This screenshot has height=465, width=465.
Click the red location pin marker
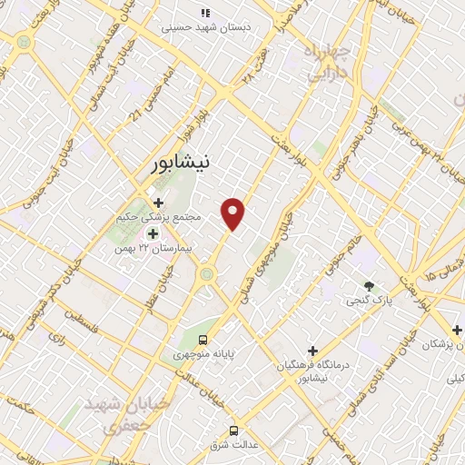point(233,212)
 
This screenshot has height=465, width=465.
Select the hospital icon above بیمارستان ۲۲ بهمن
point(153,233)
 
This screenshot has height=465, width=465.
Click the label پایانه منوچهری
point(203,354)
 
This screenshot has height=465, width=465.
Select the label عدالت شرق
point(233,445)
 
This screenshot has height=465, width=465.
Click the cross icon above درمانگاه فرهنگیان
point(312,350)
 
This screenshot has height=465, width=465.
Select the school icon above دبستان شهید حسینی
point(205,13)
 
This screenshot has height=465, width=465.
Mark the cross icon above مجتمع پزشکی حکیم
point(158,203)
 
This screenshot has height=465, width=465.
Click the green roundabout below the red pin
point(207,272)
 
